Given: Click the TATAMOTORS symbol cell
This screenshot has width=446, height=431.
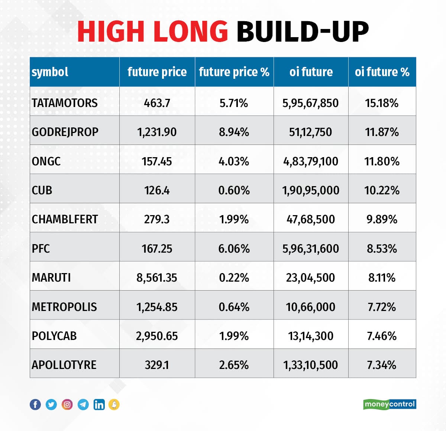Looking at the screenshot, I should pyautogui.click(x=65, y=103).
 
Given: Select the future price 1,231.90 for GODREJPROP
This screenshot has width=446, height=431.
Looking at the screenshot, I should pyautogui.click(x=157, y=132).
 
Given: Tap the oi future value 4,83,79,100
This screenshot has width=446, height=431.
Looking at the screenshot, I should pyautogui.click(x=311, y=161).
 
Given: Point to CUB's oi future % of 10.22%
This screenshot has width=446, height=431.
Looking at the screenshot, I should pyautogui.click(x=382, y=190).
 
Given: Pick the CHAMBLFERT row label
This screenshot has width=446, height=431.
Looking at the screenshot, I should pyautogui.click(x=65, y=219).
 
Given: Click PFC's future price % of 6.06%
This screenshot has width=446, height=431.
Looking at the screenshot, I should pyautogui.click(x=234, y=249).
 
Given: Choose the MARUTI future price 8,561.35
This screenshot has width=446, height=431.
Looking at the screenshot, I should pyautogui.click(x=157, y=278).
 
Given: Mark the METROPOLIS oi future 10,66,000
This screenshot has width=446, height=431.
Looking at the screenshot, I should pyautogui.click(x=310, y=307).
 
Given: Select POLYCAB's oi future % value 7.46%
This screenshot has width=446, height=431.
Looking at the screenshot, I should pyautogui.click(x=382, y=336).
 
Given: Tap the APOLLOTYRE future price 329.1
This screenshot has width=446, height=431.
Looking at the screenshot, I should pyautogui.click(x=157, y=365).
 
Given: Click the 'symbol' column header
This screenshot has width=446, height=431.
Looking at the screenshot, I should pyautogui.click(x=50, y=72).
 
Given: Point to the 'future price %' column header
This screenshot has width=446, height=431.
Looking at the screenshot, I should pyautogui.click(x=234, y=72).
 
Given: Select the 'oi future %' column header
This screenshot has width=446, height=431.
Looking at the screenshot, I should pyautogui.click(x=382, y=72).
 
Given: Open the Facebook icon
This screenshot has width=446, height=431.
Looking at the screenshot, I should pyautogui.click(x=35, y=404).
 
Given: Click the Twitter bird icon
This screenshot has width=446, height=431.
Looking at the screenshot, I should pyautogui.click(x=51, y=404).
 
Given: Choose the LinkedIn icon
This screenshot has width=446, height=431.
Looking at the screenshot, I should pyautogui.click(x=99, y=404).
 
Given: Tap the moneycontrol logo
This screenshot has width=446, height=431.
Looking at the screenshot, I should pyautogui.click(x=390, y=404).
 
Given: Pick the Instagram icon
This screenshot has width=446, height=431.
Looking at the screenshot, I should pyautogui.click(x=67, y=404).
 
